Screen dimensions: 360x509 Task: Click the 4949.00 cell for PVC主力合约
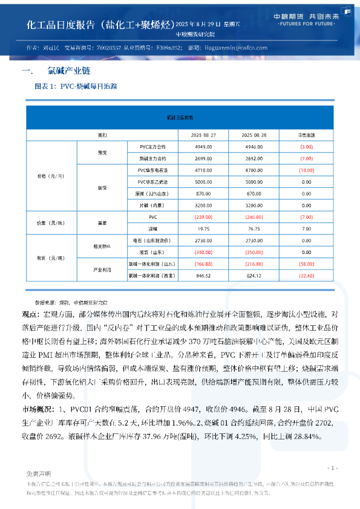(x=203, y=146)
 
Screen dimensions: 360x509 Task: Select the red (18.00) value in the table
(x=306, y=170)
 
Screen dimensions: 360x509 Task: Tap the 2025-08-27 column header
(x=203, y=134)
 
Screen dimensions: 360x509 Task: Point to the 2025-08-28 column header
(x=254, y=134)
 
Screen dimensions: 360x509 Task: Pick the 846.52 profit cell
(x=203, y=276)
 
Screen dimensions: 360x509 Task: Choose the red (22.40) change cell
(x=306, y=276)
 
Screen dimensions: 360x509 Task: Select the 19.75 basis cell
(x=203, y=229)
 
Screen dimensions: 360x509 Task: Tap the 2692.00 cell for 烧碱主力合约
(x=254, y=158)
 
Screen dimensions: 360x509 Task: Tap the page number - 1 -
(x=332, y=468)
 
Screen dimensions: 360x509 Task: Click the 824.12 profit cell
(x=254, y=276)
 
